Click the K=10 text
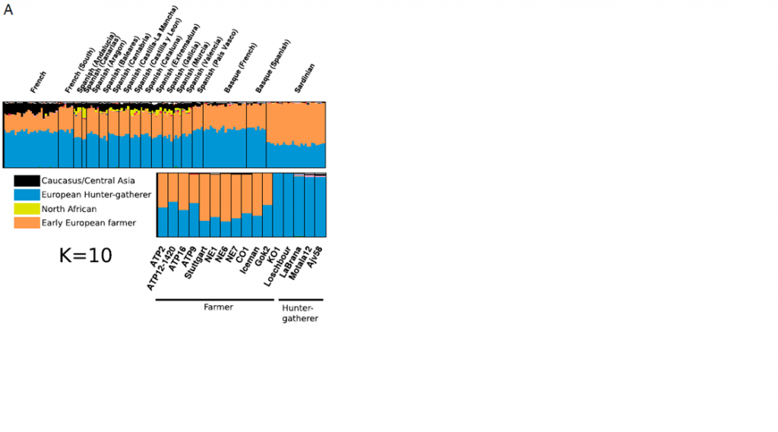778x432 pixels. coord(85,256)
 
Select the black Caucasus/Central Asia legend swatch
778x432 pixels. coord(27,181)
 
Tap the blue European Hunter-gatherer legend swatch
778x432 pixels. coord(27,195)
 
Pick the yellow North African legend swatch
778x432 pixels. coord(27,209)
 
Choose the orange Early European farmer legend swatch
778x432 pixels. coord(27,223)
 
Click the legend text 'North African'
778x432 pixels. coord(69,209)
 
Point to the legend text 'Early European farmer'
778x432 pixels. coord(89,223)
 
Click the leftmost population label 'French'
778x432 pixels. coord(38,82)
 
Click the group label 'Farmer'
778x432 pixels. coord(218,307)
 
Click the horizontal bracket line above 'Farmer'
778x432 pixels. coord(215,300)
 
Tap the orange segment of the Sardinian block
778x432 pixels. coord(296,121)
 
